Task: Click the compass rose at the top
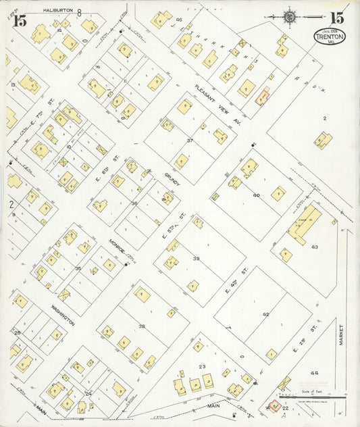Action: pyautogui.click(x=290, y=16)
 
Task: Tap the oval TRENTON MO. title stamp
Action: pyautogui.click(x=329, y=37)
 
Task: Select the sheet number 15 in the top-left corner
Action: pyautogui.click(x=20, y=20)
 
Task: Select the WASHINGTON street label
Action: pyautogui.click(x=61, y=313)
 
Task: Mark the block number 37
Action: pyautogui.click(x=190, y=141)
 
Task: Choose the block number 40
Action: pyautogui.click(x=256, y=195)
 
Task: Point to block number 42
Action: pyautogui.click(x=265, y=314)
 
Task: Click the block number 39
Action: pyautogui.click(x=196, y=259)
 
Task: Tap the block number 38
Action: pyautogui.click(x=142, y=326)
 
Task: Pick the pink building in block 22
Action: pyautogui.click(x=275, y=406)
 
